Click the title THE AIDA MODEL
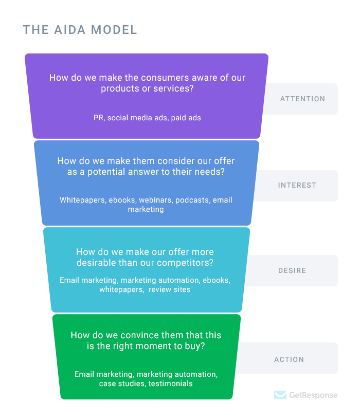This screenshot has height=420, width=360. pos(80,29)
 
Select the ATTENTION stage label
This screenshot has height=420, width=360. pos(302,99)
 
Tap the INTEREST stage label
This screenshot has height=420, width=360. pos(297,185)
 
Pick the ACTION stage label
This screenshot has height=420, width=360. pos(289,359)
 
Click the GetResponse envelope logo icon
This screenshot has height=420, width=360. pos(280,395)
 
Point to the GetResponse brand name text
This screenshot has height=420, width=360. pos(313,395)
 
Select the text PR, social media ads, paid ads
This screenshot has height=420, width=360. pos(147,118)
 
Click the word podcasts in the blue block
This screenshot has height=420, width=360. pos(192,199)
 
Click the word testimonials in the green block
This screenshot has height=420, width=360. pos(171,384)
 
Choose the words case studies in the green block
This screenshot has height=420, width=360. pos(121,384)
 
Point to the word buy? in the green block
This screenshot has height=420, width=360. pos(195,346)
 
